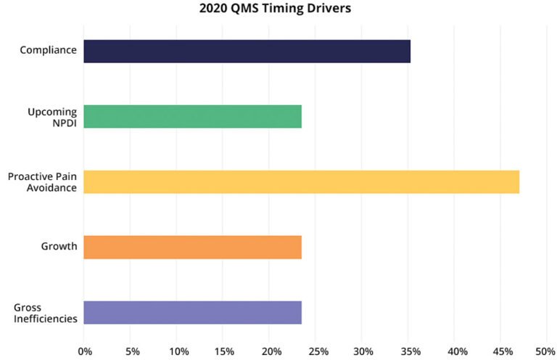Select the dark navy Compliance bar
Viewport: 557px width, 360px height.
[247, 52]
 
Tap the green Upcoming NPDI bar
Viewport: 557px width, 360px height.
[192, 116]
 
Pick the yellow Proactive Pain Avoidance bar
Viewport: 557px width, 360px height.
[301, 181]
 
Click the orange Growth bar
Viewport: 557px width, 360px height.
[192, 247]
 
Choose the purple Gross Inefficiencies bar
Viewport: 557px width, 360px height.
[192, 312]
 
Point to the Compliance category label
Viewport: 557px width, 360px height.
[48, 51]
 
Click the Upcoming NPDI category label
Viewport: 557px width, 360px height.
[52, 116]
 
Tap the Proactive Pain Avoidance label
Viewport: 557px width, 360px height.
[42, 181]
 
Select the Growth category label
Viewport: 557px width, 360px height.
[59, 246]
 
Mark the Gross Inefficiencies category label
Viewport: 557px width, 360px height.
[45, 312]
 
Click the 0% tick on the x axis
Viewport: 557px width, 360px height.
[85, 351]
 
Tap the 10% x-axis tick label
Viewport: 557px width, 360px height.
[178, 351]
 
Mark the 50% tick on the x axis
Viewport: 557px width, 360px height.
[544, 351]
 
